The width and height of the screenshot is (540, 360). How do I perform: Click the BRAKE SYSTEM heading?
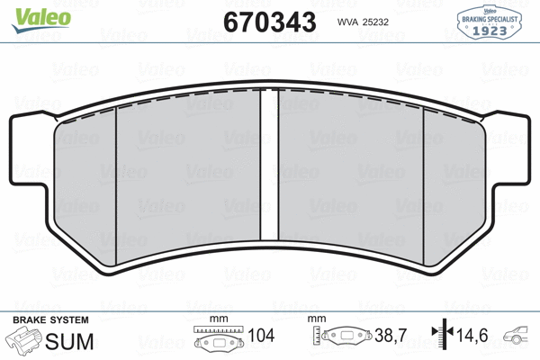(x=49, y=320)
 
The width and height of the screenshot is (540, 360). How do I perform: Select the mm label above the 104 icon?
(x=216, y=319)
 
